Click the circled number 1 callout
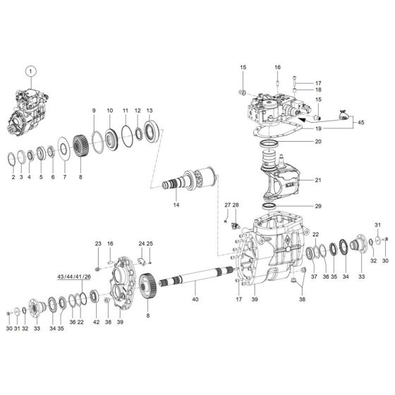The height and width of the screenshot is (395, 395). tap(30, 71)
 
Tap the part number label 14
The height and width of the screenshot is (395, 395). tap(177, 205)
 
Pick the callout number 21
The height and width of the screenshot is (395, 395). tap(318, 180)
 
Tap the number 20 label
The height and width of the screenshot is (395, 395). tap(318, 142)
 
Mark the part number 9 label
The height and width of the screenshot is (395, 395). tap(93, 111)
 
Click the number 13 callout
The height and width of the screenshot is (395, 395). tap(149, 111)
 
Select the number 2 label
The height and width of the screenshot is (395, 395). tap(13, 177)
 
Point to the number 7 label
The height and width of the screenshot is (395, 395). tap(65, 177)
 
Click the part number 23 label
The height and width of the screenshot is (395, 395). tap(99, 243)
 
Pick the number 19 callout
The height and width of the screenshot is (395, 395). tap(318, 129)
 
